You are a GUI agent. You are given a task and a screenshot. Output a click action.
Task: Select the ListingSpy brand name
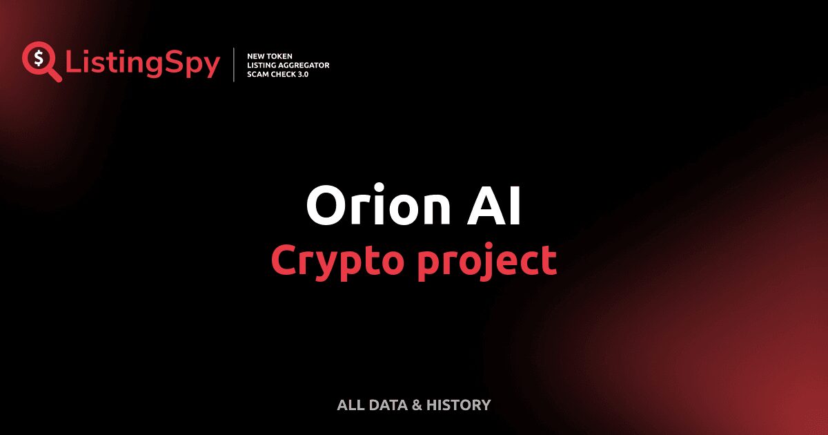pos(143,64)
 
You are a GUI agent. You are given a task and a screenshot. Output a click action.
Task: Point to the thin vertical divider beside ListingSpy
pos(235,65)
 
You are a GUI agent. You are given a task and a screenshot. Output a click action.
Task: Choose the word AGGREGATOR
pos(307,65)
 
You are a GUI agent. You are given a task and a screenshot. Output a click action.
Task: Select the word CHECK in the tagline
pos(284,74)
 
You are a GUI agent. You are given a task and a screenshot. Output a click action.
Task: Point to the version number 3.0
pos(304,74)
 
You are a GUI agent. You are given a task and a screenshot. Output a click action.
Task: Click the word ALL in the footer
pos(350,405)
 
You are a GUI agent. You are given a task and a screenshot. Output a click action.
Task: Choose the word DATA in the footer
pos(388,405)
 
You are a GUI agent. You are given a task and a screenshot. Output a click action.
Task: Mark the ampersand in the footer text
pos(417,405)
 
